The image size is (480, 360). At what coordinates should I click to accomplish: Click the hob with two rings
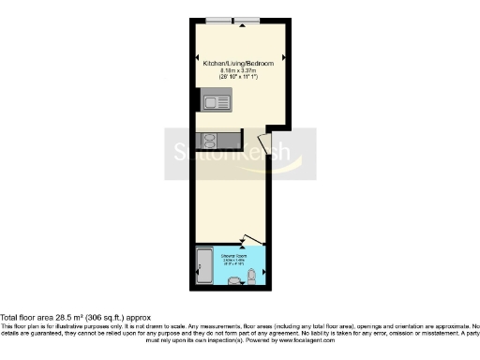click(x=208, y=141)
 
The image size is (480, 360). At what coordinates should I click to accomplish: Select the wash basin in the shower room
click(x=234, y=280)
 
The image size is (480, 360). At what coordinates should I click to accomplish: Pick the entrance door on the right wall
click(x=266, y=145)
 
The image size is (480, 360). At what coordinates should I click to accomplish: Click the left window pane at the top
click(x=219, y=21)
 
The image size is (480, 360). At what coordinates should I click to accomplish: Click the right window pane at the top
click(x=247, y=21)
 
